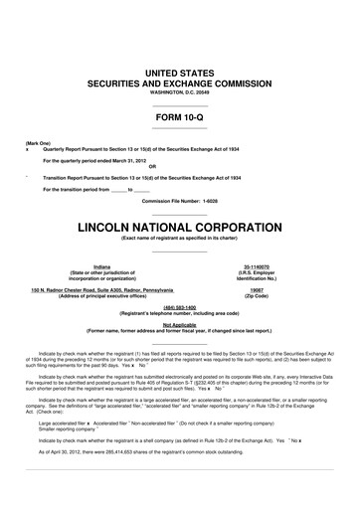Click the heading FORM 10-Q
pos(180,120)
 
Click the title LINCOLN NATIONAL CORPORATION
pos(180,228)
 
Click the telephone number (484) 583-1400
pos(180,307)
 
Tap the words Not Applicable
pos(180,324)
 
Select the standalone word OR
pos(180,166)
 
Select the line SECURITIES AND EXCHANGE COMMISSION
pos(180,85)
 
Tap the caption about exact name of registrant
pos(180,239)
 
